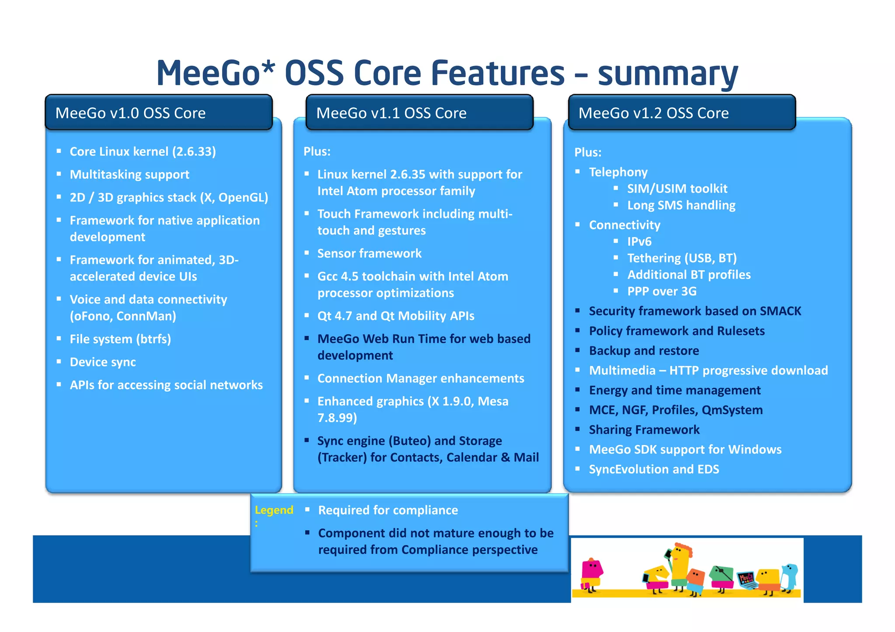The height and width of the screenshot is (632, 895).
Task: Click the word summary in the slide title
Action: [x=667, y=74]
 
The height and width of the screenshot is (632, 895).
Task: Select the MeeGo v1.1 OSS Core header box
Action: [x=419, y=113]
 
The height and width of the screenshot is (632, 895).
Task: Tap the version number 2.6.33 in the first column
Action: [x=194, y=152]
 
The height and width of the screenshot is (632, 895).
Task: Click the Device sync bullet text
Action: [x=103, y=362]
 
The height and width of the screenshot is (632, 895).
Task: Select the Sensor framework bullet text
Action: [x=369, y=253]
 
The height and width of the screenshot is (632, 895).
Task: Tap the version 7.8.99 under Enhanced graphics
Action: [x=336, y=418]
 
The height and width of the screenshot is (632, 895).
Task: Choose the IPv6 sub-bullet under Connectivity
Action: [x=639, y=242]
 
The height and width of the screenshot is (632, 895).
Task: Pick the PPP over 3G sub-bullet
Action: [x=662, y=291]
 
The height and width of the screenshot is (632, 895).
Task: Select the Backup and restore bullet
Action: [x=644, y=351]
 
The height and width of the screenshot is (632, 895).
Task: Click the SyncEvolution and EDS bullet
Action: [x=654, y=469]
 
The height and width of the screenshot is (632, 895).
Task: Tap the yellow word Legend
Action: [x=274, y=510]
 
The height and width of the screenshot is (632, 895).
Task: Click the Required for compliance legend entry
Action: [x=388, y=510]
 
